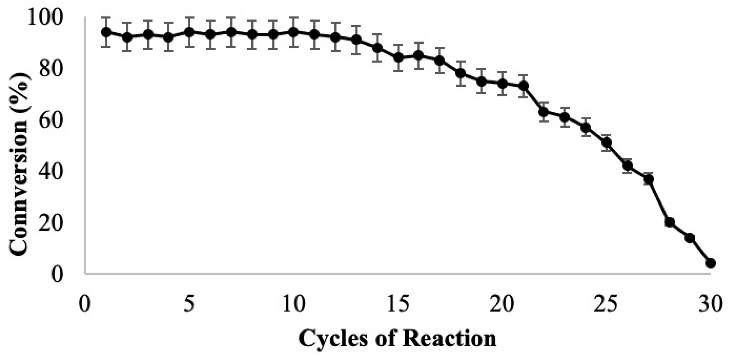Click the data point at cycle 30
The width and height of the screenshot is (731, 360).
pyautogui.click(x=711, y=263)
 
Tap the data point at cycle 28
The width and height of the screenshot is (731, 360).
pyautogui.click(x=670, y=222)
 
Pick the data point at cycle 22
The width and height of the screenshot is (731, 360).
pyautogui.click(x=544, y=112)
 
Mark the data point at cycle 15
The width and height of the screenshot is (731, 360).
pyautogui.click(x=398, y=58)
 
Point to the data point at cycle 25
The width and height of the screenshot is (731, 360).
pyautogui.click(x=607, y=142)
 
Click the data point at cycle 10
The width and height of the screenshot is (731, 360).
pyautogui.click(x=294, y=32)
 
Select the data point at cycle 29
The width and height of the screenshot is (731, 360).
pyautogui.click(x=690, y=238)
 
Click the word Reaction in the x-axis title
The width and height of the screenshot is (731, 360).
pyautogui.click(x=449, y=339)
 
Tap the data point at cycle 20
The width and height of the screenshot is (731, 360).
pyautogui.click(x=502, y=84)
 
